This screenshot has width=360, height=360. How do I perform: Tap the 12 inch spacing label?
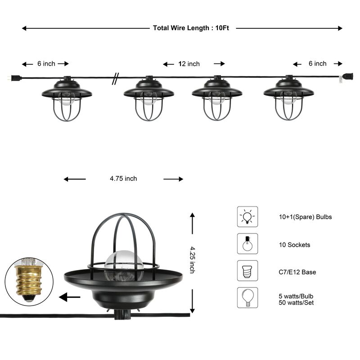[189, 64]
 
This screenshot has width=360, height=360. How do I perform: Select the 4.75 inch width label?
[123, 179]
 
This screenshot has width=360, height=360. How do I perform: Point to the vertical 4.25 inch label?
[192, 260]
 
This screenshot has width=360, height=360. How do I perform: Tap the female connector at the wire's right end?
[348, 76]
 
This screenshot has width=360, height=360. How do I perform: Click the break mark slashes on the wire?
[116, 79]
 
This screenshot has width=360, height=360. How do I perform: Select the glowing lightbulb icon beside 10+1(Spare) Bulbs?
[247, 216]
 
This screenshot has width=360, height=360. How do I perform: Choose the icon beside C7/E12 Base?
[247, 270]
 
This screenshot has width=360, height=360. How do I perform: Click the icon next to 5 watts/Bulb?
[247, 297]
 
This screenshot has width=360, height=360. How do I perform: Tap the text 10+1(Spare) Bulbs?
[305, 217]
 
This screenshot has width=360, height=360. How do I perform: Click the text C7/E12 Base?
[297, 272]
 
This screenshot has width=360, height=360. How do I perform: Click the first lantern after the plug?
[67, 99]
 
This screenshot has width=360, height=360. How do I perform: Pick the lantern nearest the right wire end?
[288, 99]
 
